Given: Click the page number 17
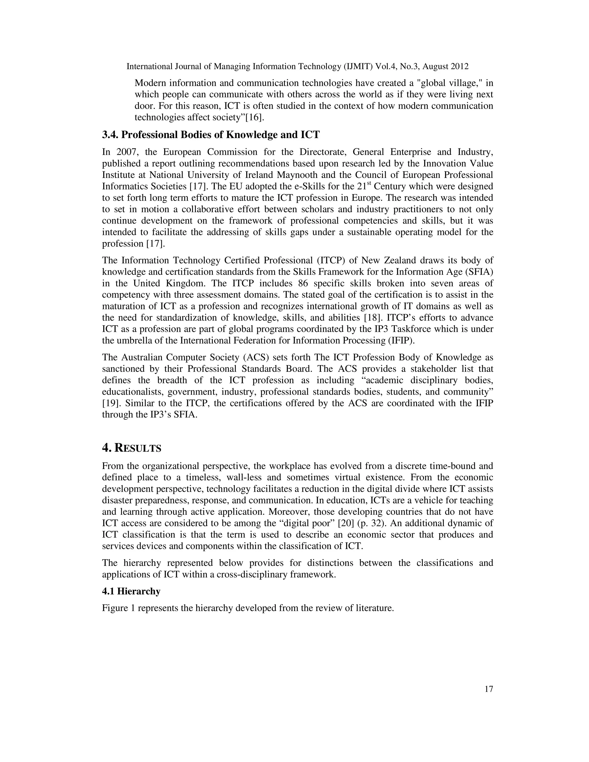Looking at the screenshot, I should pyautogui.click(x=489, y=689).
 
